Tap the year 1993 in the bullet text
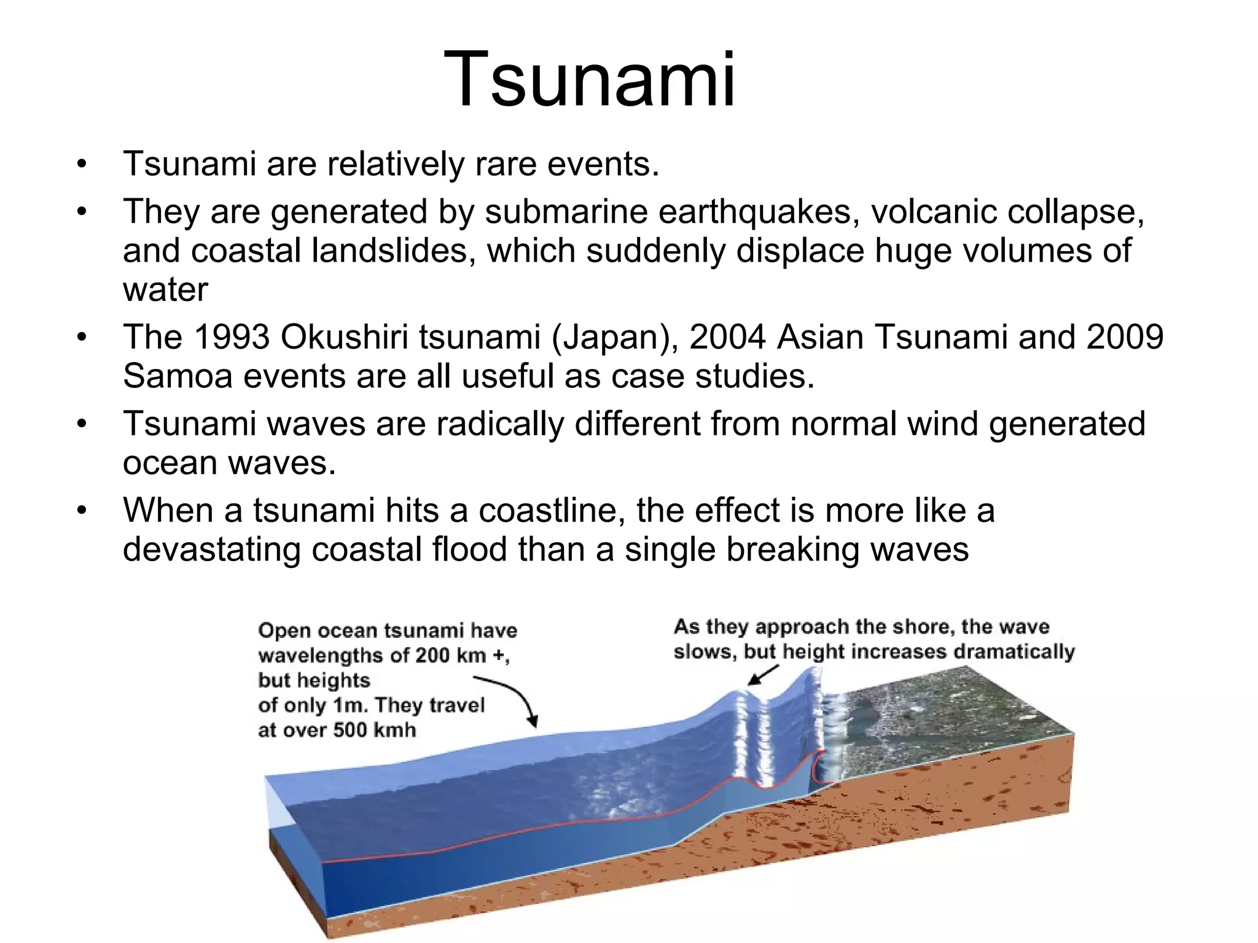(232, 337)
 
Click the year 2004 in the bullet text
(727, 337)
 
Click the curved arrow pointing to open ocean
(513, 697)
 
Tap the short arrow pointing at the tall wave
(762, 675)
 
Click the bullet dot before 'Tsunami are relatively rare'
(82, 165)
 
